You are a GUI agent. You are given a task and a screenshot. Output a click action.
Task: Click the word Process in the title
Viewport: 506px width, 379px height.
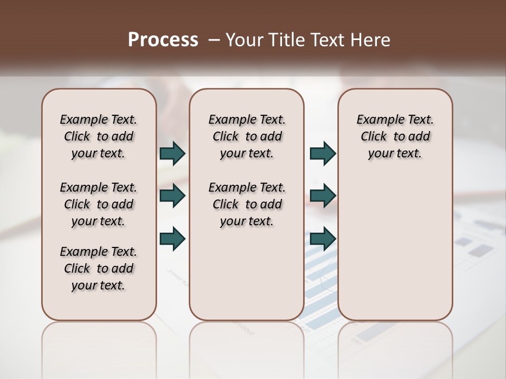[163, 40]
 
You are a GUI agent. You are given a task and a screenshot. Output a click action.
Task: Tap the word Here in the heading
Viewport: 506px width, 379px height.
[371, 40]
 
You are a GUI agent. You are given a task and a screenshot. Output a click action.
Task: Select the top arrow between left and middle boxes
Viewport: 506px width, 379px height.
[172, 154]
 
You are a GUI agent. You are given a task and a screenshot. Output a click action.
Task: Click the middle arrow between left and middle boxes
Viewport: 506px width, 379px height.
[172, 196]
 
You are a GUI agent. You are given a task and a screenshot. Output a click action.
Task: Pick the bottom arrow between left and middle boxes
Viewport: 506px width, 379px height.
[172, 238]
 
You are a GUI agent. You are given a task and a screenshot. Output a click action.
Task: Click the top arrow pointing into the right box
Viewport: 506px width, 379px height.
[323, 154]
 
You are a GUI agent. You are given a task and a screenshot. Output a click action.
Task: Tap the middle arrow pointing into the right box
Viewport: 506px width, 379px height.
[323, 196]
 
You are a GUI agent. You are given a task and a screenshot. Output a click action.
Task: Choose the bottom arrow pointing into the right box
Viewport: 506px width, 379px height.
[323, 238]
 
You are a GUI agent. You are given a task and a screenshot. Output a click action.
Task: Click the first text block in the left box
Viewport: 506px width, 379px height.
[99, 136]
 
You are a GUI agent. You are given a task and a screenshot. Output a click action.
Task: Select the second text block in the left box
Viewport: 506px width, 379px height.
[99, 204]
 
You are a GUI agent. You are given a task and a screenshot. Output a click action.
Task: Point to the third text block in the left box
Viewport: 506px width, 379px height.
[99, 268]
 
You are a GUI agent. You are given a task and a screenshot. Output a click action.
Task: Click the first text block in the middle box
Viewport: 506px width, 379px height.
[247, 136]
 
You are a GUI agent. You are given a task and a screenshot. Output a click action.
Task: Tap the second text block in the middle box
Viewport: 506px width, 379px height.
[247, 204]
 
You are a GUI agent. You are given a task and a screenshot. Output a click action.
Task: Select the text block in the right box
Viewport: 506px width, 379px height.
[395, 136]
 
